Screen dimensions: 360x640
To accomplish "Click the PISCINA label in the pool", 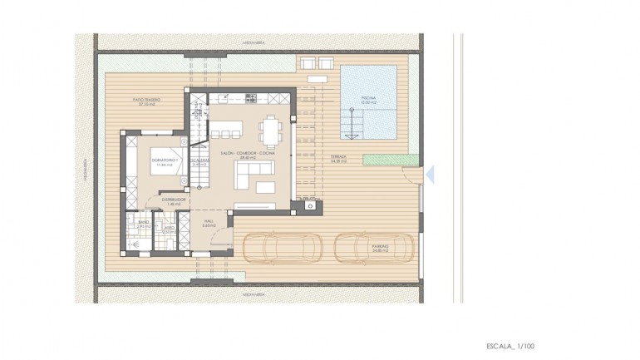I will [x=367, y=99].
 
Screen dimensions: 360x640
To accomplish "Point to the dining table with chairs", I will [x=271, y=131].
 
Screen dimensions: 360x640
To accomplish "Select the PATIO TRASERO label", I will [x=146, y=101].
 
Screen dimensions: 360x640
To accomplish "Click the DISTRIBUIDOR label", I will [x=172, y=200].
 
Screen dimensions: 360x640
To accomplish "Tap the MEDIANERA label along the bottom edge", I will [x=254, y=294].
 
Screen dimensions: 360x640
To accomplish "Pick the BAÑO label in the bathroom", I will [x=143, y=223].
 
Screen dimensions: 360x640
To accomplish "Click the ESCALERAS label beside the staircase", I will [x=199, y=161].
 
